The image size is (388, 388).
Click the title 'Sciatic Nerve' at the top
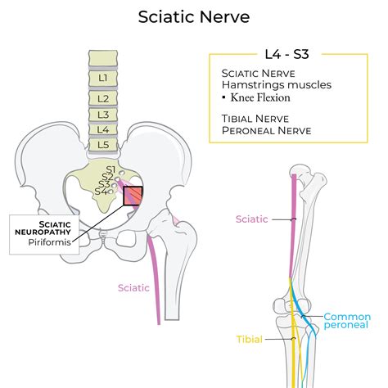tap(193, 16)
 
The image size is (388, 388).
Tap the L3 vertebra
tap(103, 114)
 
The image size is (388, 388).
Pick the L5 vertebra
tap(103, 145)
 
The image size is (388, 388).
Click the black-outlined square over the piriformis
tap(132, 196)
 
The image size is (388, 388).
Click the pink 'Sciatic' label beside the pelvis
tap(133, 287)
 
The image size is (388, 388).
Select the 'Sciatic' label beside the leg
tap(252, 219)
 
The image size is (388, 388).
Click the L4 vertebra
tap(103, 129)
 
